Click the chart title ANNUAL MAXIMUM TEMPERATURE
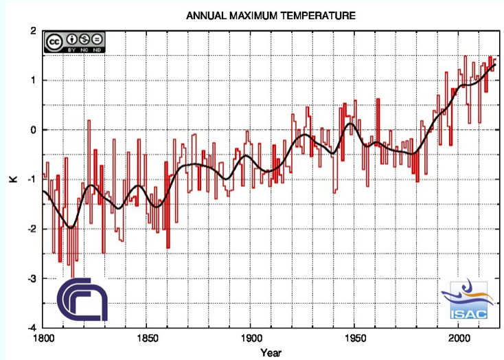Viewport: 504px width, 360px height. pos(271,14)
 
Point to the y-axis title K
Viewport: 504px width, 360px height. pos(12,179)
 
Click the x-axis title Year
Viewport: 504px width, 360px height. pos(270,352)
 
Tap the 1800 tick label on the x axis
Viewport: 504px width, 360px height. pos(43,337)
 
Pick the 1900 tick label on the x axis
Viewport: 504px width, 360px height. pos(249,337)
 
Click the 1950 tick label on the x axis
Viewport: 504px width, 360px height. pos(354,337)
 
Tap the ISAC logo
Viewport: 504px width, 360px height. pos(468,300)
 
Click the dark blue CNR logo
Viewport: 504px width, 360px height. pos(82,300)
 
